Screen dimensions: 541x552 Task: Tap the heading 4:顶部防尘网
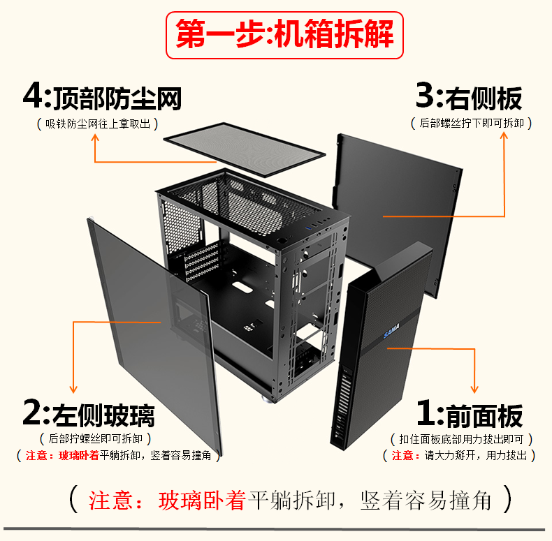pos(102,97)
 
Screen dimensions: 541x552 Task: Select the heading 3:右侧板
pos(469,97)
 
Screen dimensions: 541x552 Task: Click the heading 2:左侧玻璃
pos(89,415)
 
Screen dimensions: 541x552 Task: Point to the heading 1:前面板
pos(469,415)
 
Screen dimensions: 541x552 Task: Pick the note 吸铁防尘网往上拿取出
pos(97,124)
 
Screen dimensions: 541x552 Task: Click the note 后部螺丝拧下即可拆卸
pos(472,124)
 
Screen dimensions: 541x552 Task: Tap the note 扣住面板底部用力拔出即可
pos(461,440)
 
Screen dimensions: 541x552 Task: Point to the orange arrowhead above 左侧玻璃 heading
pos(72,389)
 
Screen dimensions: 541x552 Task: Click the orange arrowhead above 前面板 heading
pos(476,389)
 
